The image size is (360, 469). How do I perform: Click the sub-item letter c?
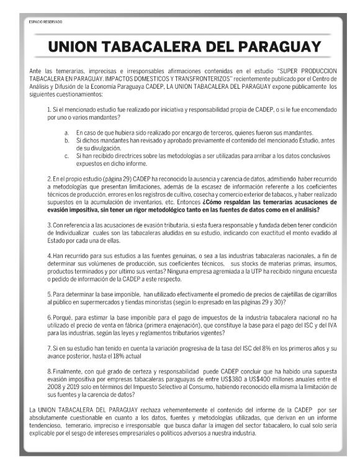click(67, 155)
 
